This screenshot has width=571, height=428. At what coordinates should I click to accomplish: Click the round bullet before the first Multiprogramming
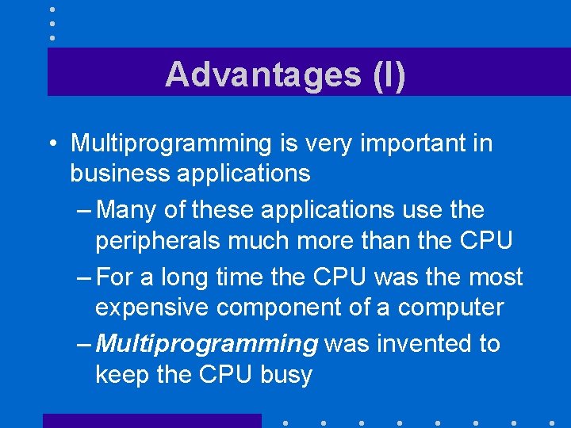(x=50, y=143)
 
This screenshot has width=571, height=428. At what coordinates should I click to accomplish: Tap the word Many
(x=131, y=210)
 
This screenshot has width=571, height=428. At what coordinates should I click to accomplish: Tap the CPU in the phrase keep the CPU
(x=226, y=373)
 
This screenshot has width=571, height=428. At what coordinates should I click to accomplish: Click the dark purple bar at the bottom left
(x=151, y=421)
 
